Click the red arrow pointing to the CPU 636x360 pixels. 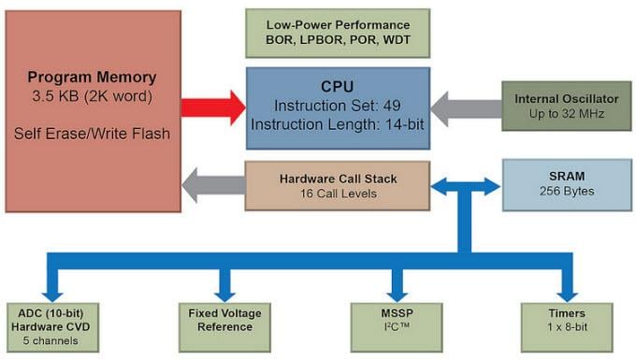[x=212, y=108]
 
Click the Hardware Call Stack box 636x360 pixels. [x=339, y=184]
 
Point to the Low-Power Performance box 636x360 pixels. [x=339, y=33]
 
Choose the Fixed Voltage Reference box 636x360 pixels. [x=225, y=320]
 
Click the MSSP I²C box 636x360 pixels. [x=396, y=320]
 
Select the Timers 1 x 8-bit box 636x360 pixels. [x=567, y=320]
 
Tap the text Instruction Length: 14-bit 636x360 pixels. [x=339, y=122]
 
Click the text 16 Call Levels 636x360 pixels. [x=339, y=194]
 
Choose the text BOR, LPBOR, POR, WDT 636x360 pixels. [x=339, y=41]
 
